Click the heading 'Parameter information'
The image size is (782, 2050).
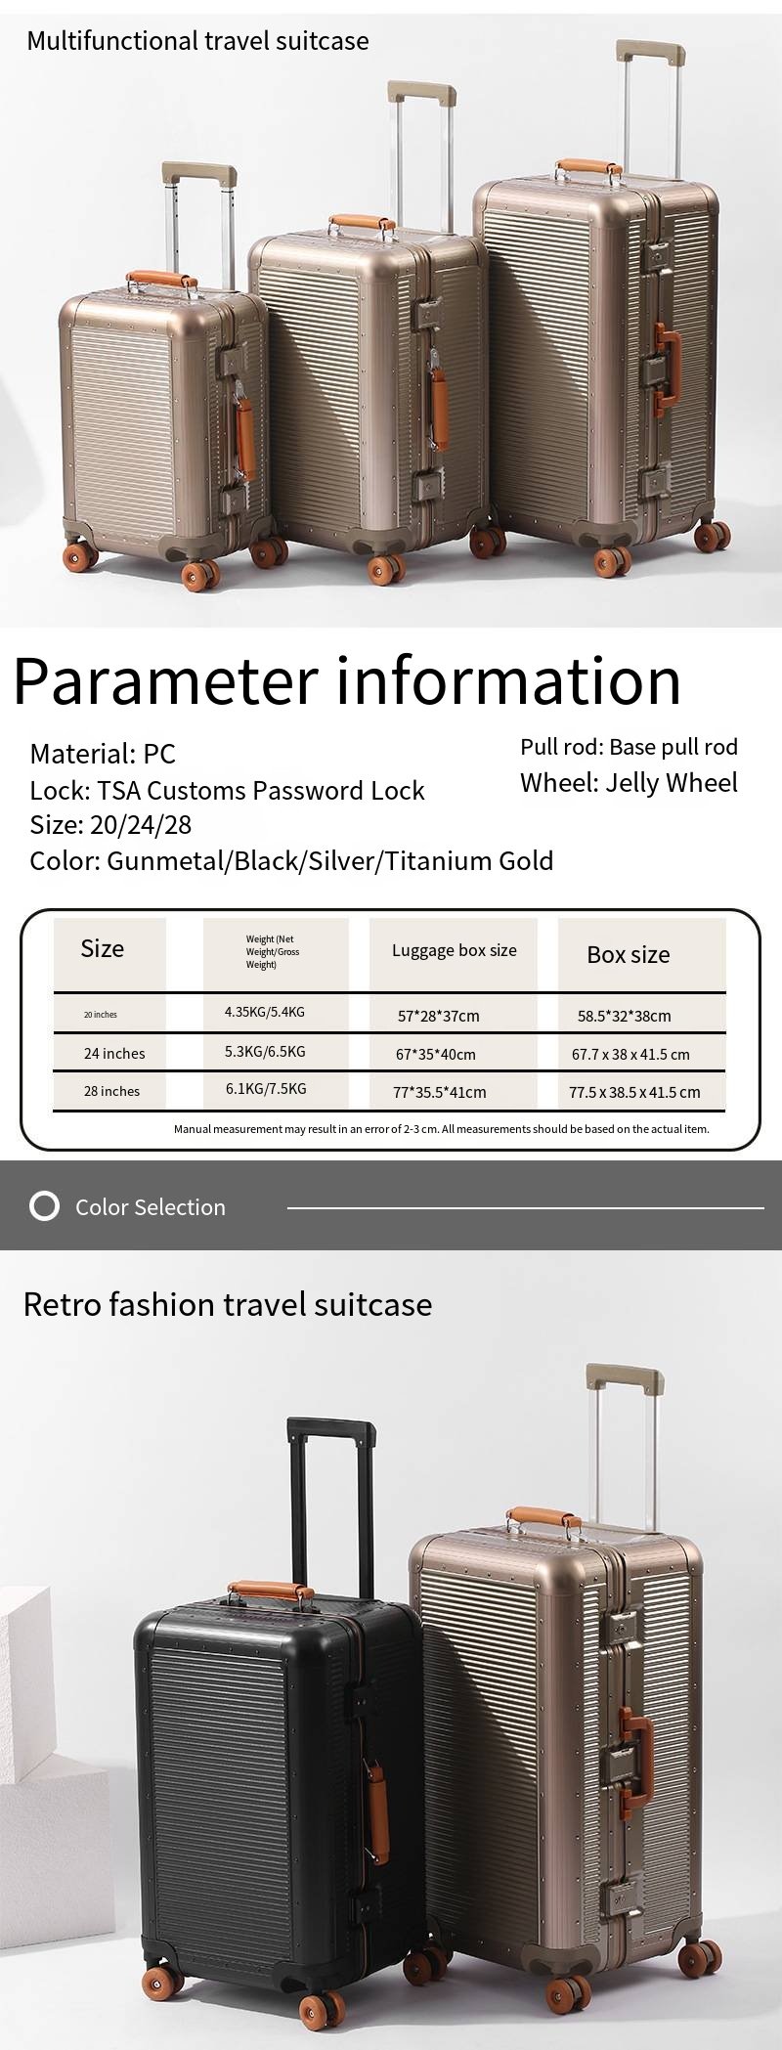347,681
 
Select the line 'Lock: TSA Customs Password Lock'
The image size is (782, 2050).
227,790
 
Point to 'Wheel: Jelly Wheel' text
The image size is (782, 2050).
629,782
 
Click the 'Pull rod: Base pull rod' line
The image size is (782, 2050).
629,747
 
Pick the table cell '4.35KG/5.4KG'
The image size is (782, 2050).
265,1012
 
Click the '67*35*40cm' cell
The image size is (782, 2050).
437,1054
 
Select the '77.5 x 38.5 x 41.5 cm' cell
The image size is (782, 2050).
634,1092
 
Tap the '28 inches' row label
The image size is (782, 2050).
111,1091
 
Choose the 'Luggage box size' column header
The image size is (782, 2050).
455,950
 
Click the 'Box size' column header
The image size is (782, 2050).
629,955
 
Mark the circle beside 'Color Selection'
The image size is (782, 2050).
44,1206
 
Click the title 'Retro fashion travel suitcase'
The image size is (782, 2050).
228,1304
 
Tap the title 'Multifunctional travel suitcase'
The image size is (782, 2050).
198,41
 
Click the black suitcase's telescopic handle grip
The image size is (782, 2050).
331,1426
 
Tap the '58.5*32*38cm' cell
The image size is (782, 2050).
625,1016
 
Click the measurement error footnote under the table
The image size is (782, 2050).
442,1129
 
